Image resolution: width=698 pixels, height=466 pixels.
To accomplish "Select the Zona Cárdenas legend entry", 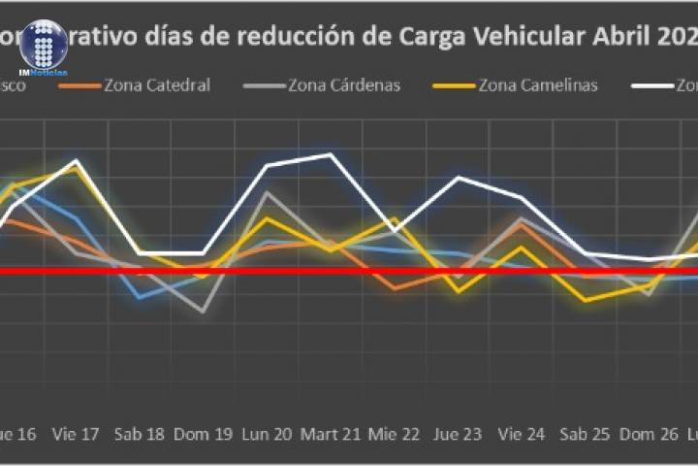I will point(330,85).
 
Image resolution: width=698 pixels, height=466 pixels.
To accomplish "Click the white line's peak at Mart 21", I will point(332,154).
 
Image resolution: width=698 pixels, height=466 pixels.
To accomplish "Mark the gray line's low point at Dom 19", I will point(204,312).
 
